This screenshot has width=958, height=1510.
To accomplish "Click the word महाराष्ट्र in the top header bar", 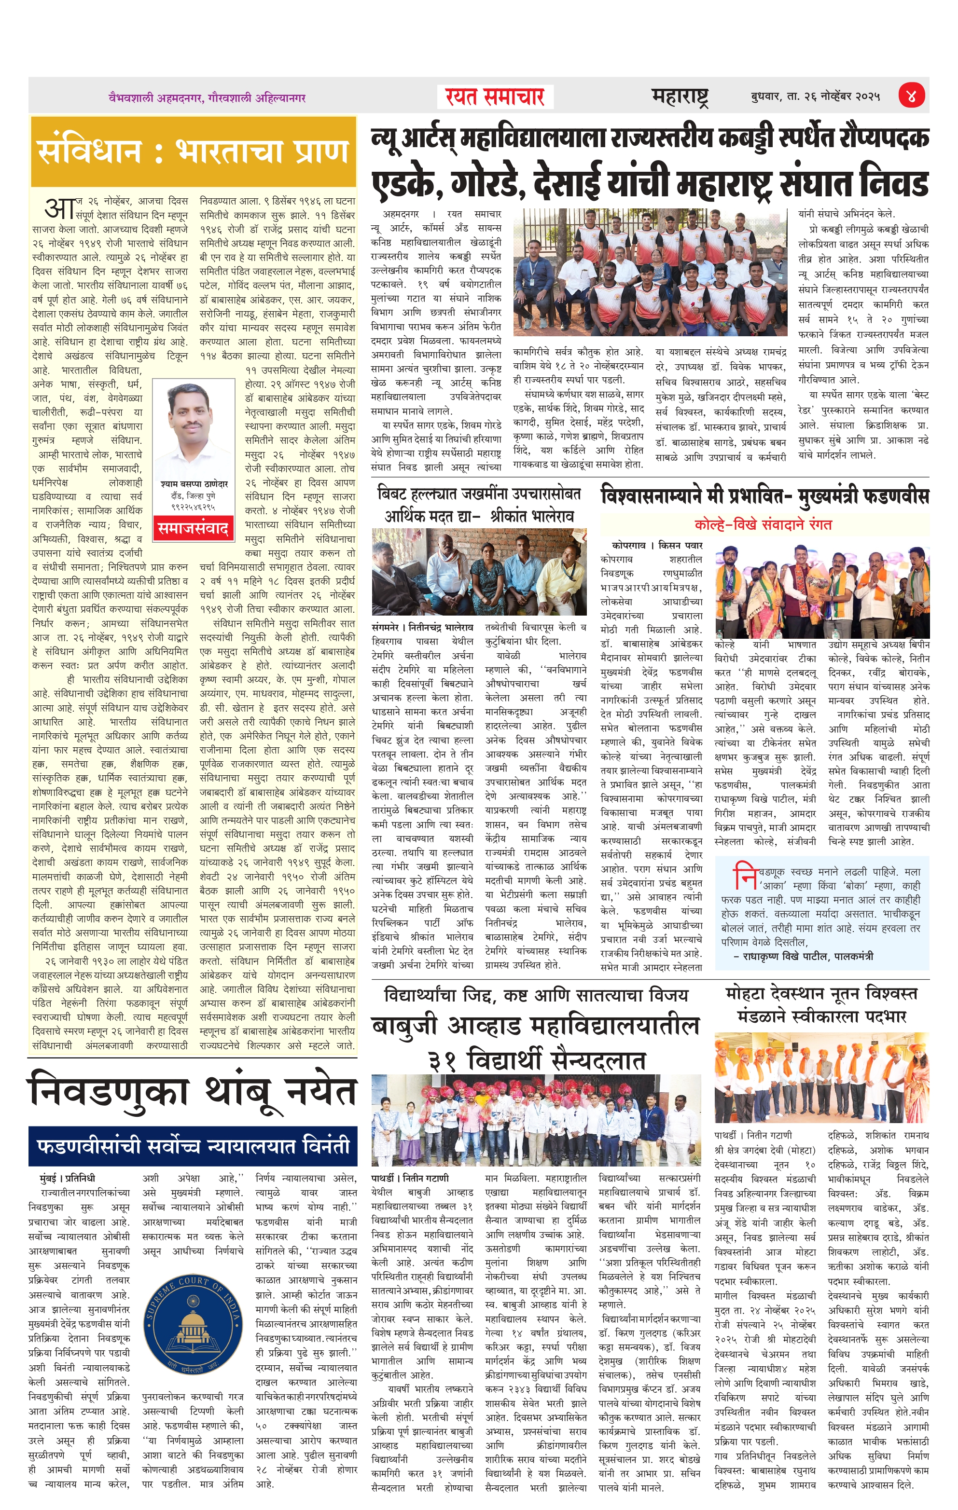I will (x=680, y=96).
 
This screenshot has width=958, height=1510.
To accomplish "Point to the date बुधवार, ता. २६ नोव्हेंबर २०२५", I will (x=815, y=96).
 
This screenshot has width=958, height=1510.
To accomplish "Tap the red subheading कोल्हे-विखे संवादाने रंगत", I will (x=763, y=524).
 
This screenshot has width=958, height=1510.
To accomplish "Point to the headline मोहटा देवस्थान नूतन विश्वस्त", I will (x=820, y=994).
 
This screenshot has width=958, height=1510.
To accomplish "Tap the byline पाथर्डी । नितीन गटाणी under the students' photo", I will (x=410, y=1178).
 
